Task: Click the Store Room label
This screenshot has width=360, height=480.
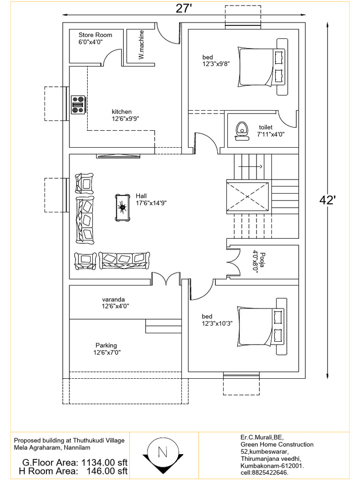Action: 95,35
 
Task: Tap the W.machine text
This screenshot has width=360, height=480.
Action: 141,45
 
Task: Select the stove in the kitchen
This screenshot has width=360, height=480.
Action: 78,105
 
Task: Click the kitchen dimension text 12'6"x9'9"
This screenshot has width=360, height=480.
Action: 126,119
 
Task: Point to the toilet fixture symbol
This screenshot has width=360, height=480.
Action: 242,131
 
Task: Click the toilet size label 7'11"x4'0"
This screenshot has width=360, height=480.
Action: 271,134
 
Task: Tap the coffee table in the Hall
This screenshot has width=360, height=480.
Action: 123,207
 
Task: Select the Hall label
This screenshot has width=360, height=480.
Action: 141,196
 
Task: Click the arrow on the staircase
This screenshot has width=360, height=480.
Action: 250,167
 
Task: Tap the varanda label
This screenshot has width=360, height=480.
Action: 113,300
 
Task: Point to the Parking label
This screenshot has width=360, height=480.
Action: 106,345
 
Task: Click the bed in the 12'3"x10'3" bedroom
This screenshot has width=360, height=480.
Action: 262,327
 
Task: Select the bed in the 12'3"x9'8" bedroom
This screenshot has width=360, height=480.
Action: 262,67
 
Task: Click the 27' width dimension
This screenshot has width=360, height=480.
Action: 184,8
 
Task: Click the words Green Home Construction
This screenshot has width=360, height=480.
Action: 277,444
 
